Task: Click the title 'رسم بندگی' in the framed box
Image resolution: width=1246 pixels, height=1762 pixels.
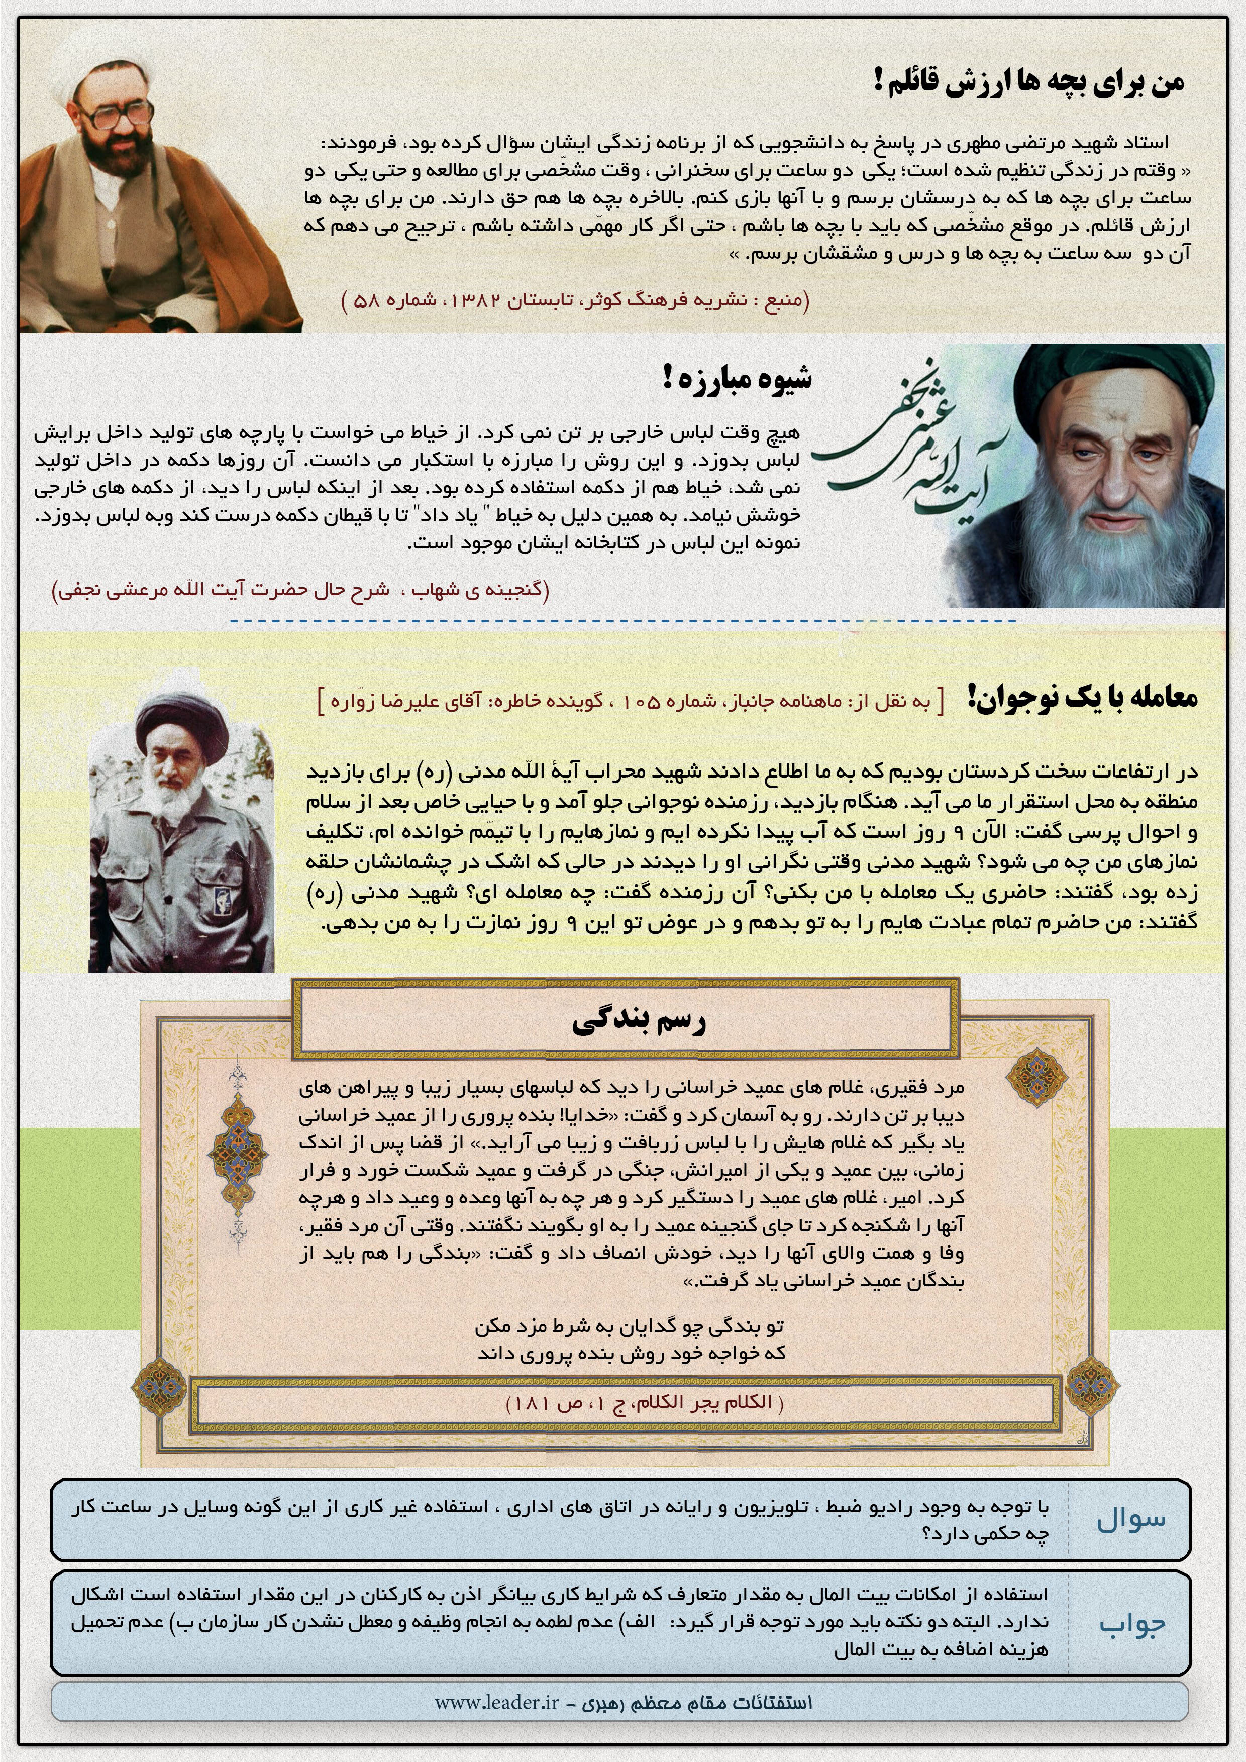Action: click(639, 1020)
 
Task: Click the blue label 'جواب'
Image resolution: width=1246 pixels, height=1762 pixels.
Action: click(1131, 1623)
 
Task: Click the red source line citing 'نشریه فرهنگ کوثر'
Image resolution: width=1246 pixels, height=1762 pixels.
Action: click(576, 300)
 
